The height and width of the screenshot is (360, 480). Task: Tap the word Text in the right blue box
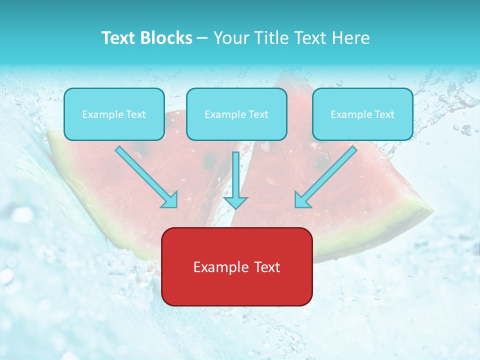pyautogui.click(x=384, y=114)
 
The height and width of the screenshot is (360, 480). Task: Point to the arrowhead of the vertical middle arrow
pyautogui.click(x=235, y=202)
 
